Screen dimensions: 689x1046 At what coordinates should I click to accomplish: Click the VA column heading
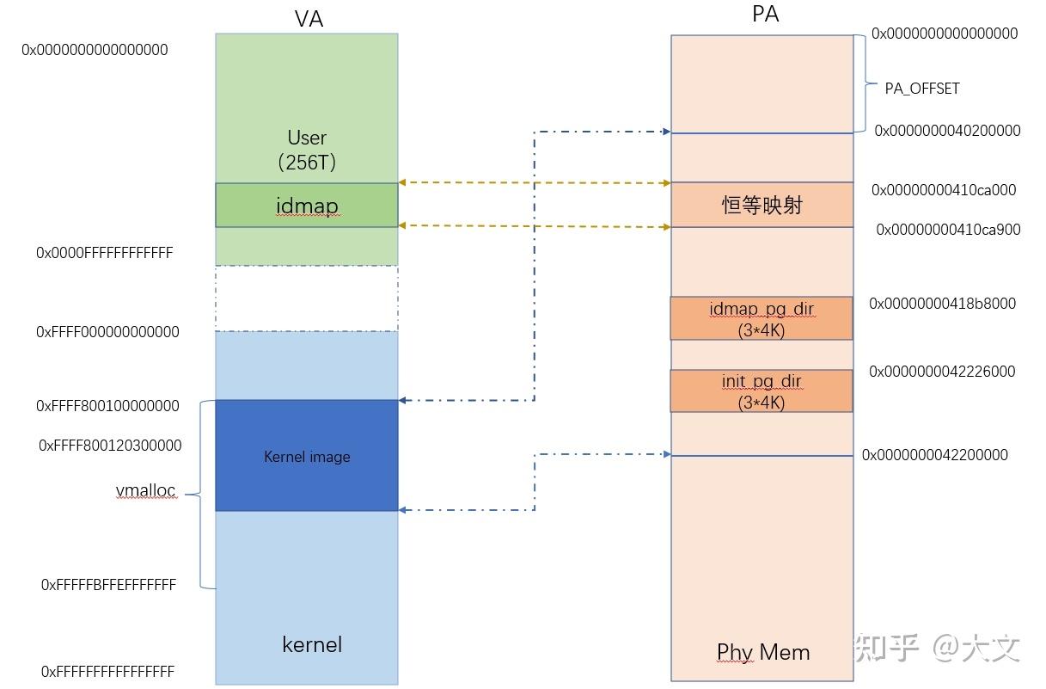click(x=308, y=19)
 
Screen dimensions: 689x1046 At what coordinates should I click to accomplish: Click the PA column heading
click(x=764, y=15)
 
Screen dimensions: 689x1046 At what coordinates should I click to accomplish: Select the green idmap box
click(x=307, y=206)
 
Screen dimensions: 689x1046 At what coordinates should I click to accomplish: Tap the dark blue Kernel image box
click(x=307, y=457)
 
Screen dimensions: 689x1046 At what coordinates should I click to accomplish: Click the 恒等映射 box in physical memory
click(x=762, y=205)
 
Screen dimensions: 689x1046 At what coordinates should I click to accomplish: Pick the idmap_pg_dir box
click(x=762, y=318)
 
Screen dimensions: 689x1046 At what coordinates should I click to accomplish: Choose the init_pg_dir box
click(x=762, y=391)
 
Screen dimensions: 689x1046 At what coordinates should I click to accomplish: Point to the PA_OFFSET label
click(x=922, y=89)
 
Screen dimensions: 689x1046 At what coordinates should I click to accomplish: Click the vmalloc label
click(x=146, y=491)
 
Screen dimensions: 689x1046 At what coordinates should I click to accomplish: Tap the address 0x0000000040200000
click(x=947, y=131)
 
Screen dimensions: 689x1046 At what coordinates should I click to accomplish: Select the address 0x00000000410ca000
click(x=944, y=190)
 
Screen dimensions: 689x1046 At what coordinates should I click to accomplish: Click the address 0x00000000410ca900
click(x=948, y=230)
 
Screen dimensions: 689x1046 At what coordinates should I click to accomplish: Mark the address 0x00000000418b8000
click(x=942, y=304)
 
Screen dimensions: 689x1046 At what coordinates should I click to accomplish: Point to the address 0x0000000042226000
click(x=942, y=372)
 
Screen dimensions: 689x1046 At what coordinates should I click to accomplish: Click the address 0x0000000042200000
click(x=935, y=455)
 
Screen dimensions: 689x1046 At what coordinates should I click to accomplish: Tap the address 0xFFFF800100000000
click(x=108, y=406)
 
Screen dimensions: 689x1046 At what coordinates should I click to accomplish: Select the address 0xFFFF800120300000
click(x=110, y=446)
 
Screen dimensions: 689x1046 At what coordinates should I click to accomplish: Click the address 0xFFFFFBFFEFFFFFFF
click(x=108, y=585)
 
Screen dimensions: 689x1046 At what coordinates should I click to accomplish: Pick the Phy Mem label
click(x=763, y=652)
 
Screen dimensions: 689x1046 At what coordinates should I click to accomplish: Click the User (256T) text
click(x=307, y=149)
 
